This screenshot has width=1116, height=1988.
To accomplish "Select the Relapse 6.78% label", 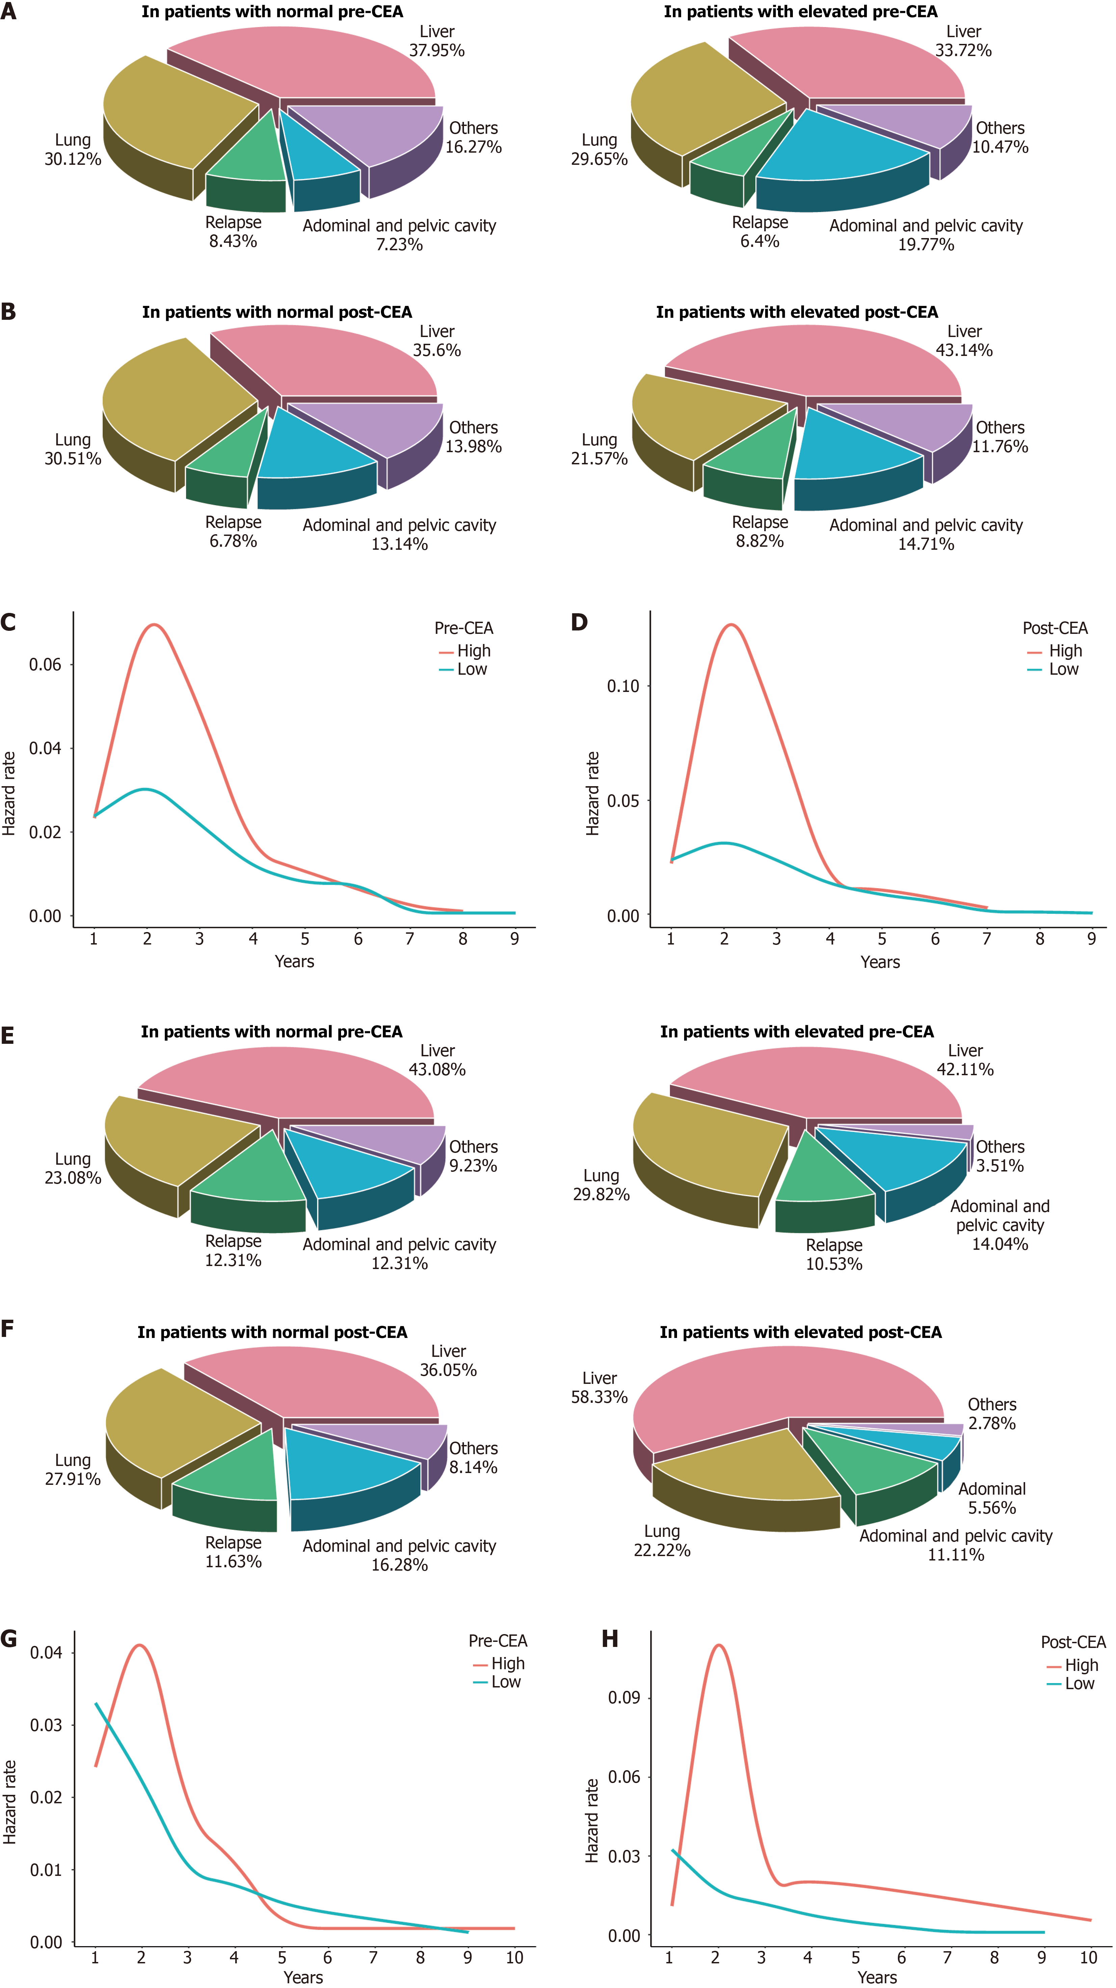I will (233, 532).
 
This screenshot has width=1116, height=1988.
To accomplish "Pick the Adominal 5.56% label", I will (992, 1498).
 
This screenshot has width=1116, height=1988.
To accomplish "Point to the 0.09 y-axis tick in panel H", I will (624, 1698).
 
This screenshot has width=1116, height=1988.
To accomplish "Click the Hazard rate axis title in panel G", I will (9, 1802).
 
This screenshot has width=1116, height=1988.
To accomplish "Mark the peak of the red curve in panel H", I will (719, 1645).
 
